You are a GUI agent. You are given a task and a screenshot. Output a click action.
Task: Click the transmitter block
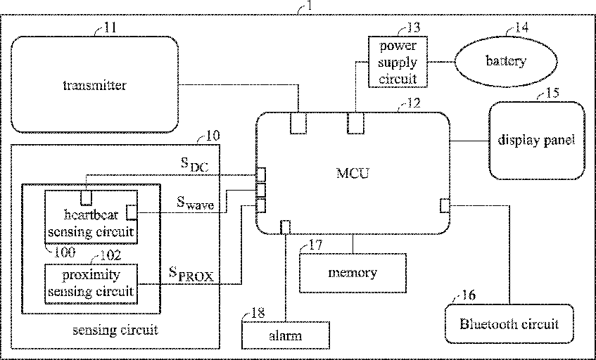95,84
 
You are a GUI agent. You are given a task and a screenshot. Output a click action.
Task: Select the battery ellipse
505,60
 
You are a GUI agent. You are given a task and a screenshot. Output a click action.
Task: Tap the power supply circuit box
398,62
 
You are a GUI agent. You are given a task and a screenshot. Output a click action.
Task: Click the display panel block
537,141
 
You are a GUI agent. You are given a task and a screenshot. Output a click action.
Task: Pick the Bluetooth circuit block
509,324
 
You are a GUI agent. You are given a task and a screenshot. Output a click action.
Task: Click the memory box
353,273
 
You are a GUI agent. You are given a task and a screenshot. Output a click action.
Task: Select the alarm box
286,335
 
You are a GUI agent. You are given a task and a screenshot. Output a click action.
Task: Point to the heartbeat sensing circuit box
91,217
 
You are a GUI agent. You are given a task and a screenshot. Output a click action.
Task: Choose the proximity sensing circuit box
91,283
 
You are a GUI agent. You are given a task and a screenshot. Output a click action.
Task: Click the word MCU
353,174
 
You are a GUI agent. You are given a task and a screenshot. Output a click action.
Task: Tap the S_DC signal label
194,165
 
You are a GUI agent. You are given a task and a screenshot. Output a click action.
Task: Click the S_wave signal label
196,202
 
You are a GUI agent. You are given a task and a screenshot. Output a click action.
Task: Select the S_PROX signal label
191,274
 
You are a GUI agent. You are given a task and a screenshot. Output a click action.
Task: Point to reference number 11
110,27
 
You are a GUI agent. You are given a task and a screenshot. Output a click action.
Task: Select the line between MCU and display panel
469,141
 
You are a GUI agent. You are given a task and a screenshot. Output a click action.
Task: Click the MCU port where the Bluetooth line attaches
445,206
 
